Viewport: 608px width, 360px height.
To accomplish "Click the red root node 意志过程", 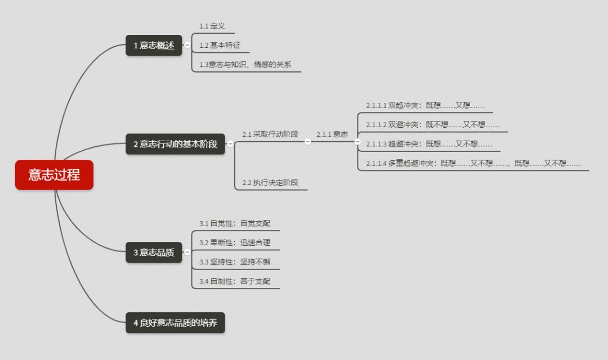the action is pyautogui.click(x=54, y=175).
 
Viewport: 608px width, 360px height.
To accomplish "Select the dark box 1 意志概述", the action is pyautogui.click(x=154, y=46).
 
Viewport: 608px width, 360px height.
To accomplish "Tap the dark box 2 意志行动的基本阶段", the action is pyautogui.click(x=175, y=144).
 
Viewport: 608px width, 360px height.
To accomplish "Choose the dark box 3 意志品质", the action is pyautogui.click(x=154, y=253).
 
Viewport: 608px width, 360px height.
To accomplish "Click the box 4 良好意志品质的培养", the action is pyautogui.click(x=175, y=323).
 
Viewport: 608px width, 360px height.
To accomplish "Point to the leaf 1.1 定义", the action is pyautogui.click(x=212, y=26).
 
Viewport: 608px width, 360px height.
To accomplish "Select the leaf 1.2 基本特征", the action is pyautogui.click(x=220, y=45).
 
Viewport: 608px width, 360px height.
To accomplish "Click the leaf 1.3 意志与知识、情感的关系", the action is pyautogui.click(x=245, y=65).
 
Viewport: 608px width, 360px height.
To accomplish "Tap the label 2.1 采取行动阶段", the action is pyautogui.click(x=270, y=134).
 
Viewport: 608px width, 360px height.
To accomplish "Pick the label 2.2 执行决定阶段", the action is pyautogui.click(x=270, y=182).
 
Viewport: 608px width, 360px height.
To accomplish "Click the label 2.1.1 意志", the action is pyautogui.click(x=332, y=134).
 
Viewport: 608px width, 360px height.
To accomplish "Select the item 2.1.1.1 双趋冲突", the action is pyautogui.click(x=425, y=105).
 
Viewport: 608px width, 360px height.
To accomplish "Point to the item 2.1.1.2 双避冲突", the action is pyautogui.click(x=432, y=124).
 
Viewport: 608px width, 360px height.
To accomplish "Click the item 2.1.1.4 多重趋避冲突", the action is pyautogui.click(x=473, y=163).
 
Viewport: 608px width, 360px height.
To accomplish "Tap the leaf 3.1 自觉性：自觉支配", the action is pyautogui.click(x=235, y=223).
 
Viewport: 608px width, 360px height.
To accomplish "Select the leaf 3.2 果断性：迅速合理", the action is pyautogui.click(x=235, y=243).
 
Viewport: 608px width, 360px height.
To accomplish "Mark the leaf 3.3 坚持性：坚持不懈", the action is pyautogui.click(x=235, y=262).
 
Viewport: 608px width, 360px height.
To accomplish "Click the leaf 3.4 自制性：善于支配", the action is pyautogui.click(x=235, y=281).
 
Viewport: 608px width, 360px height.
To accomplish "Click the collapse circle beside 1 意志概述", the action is pyautogui.click(x=187, y=46).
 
